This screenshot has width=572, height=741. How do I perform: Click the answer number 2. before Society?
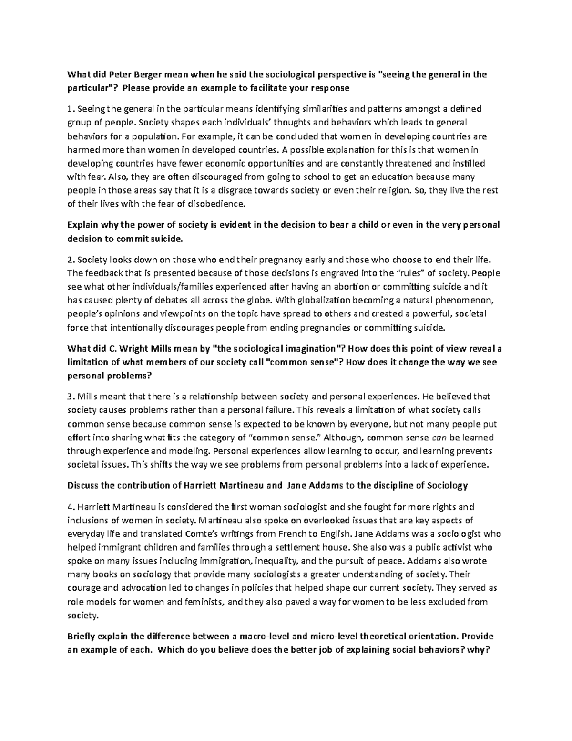[71, 260]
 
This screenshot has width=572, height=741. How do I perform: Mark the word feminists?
[202, 602]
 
